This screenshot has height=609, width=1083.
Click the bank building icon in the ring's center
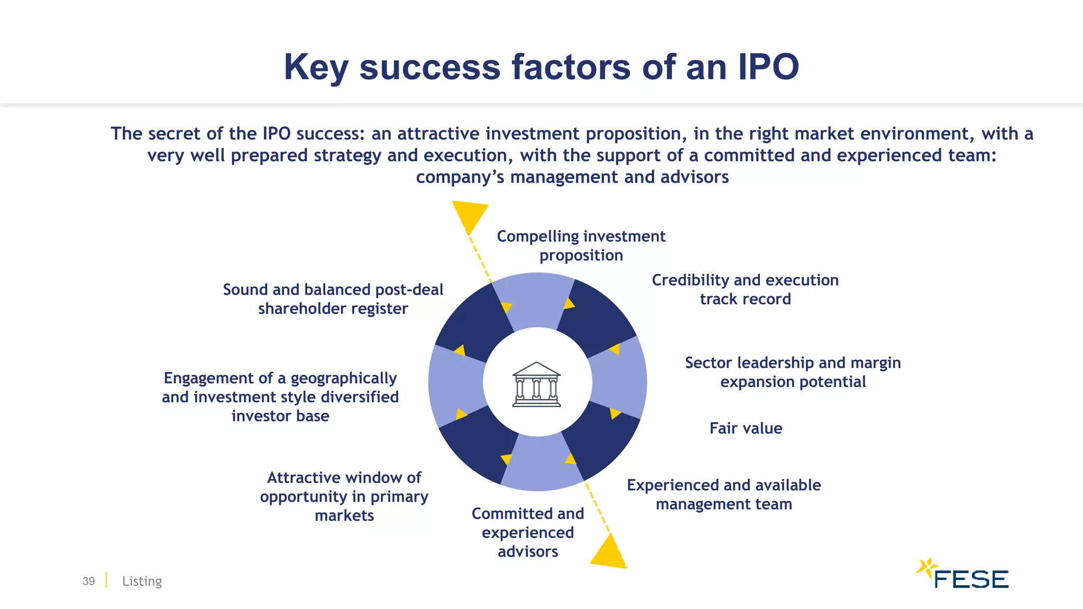click(536, 384)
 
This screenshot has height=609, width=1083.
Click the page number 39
click(88, 581)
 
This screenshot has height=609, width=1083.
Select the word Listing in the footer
click(142, 581)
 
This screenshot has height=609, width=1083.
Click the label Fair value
click(746, 428)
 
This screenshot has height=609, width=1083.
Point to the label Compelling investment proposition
click(581, 246)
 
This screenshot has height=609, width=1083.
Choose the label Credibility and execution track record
click(745, 290)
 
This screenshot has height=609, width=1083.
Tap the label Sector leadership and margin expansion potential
click(793, 372)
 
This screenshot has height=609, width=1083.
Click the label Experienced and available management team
click(723, 494)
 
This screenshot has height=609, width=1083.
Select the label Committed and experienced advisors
click(528, 532)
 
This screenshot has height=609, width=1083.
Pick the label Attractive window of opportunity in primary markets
click(344, 496)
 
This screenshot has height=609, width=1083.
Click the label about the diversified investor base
click(280, 397)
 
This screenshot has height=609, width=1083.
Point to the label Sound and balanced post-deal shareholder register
click(333, 299)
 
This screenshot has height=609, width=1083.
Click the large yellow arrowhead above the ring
click(470, 215)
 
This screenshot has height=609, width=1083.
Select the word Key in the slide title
click(316, 68)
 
